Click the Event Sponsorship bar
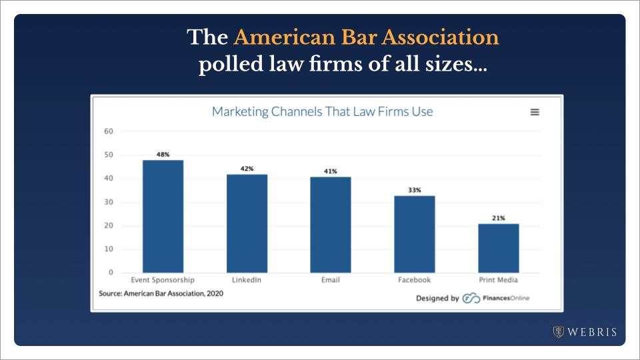pyautogui.click(x=163, y=216)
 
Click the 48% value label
pyautogui.click(x=163, y=154)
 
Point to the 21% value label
pyautogui.click(x=499, y=218)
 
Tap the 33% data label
pyautogui.click(x=415, y=190)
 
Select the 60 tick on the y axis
pyautogui.click(x=109, y=131)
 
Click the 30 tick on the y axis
pyautogui.click(x=109, y=202)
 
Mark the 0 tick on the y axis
pyautogui.click(x=111, y=273)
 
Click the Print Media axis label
pyautogui.click(x=499, y=280)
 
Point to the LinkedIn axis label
pyautogui.click(x=247, y=280)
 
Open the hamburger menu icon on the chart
pyautogui.click(x=535, y=112)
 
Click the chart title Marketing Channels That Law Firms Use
pyautogui.click(x=322, y=111)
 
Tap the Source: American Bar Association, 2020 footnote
pyautogui.click(x=161, y=293)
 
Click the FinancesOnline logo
pyautogui.click(x=496, y=298)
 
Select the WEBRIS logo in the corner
pyautogui.click(x=585, y=331)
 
